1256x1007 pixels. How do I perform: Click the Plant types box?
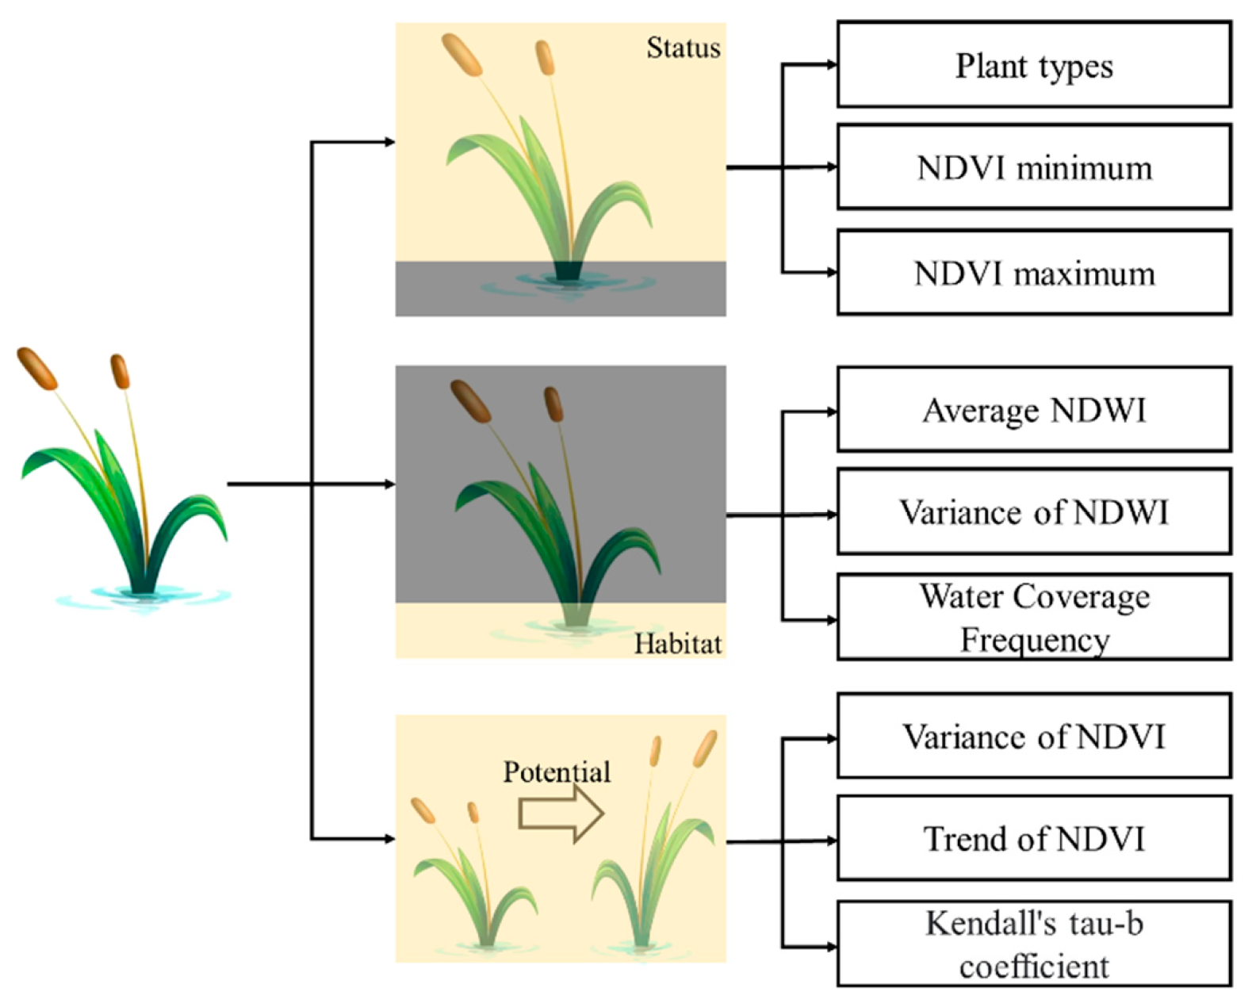click(1033, 65)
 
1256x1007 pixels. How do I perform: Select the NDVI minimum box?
click(1033, 167)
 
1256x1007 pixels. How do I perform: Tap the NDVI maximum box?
click(1033, 273)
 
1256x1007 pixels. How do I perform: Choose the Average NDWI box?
click(1033, 410)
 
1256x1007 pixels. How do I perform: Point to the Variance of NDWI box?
click(1033, 511)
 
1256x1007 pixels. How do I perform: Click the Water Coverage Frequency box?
click(1033, 618)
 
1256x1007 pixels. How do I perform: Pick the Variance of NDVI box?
click(1033, 736)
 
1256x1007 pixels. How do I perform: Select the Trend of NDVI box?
click(1033, 838)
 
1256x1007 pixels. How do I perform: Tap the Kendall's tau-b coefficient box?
click(1033, 944)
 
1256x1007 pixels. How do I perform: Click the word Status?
click(683, 48)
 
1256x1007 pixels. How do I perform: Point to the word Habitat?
click(678, 643)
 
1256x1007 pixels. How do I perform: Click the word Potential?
click(557, 772)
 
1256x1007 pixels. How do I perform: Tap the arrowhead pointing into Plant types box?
click(832, 65)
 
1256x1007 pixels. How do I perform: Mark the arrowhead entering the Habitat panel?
click(389, 484)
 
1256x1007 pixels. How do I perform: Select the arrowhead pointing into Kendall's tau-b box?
click(832, 947)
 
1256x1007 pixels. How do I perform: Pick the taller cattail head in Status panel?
click(461, 55)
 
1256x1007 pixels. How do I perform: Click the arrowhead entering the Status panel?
click(389, 143)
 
